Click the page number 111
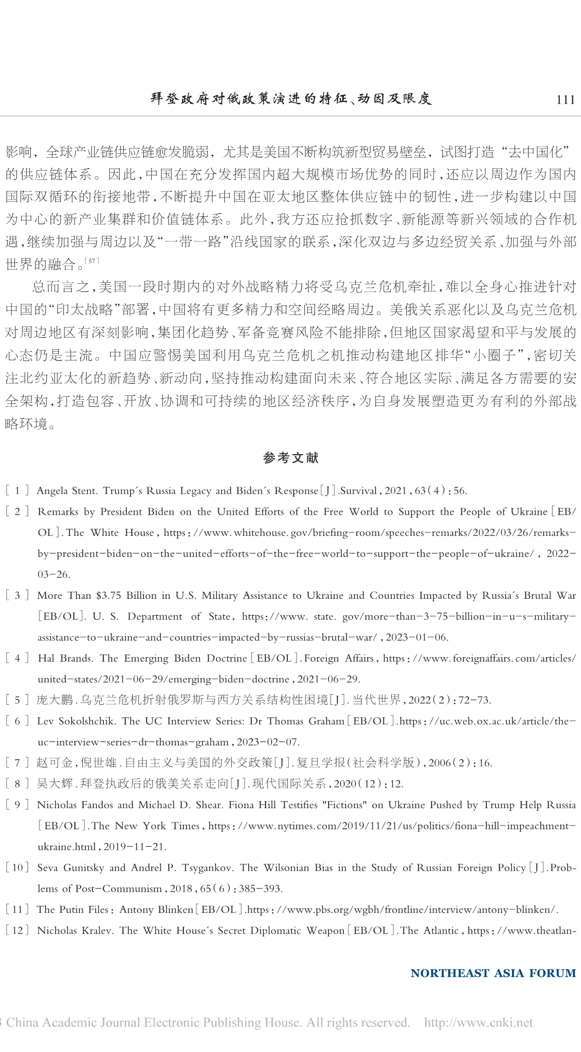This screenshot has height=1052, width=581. click(565, 100)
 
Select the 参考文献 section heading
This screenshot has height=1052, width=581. click(290, 458)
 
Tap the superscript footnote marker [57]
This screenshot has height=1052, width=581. click(92, 261)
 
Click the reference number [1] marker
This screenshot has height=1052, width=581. click(17, 490)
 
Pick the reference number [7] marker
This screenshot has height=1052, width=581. click(17, 763)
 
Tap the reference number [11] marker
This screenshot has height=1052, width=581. click(17, 910)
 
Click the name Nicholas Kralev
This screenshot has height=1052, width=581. click(75, 931)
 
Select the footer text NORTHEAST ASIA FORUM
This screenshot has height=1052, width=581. click(493, 973)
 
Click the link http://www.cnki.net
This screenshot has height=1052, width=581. click(478, 1023)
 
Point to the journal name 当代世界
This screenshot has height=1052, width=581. click(376, 700)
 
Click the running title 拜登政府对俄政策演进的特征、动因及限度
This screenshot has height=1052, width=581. click(291, 99)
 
